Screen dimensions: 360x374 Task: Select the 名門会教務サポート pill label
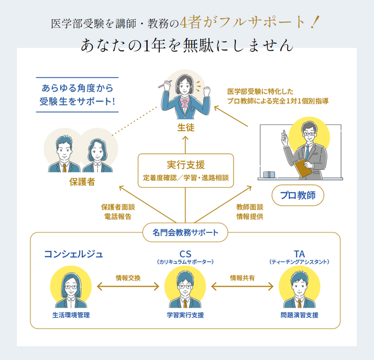pos(185,233)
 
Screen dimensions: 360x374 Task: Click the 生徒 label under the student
pos(185,127)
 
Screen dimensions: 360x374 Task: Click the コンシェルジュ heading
pos(74,254)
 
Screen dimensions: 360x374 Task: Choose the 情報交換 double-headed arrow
pos(128,285)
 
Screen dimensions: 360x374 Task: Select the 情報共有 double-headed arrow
pos(242,285)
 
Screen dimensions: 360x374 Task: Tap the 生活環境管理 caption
pos(70,315)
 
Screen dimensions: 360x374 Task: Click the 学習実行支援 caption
pos(185,315)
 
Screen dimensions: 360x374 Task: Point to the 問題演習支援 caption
pos(299,315)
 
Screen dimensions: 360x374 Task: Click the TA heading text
pos(299,254)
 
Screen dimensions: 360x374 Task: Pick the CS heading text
pos(185,254)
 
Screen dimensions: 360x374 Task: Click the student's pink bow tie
pos(185,103)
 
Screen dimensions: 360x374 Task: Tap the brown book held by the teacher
pos(303,168)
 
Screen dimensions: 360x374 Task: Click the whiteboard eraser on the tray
pos(269,174)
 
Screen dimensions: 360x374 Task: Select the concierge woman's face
pos(70,286)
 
